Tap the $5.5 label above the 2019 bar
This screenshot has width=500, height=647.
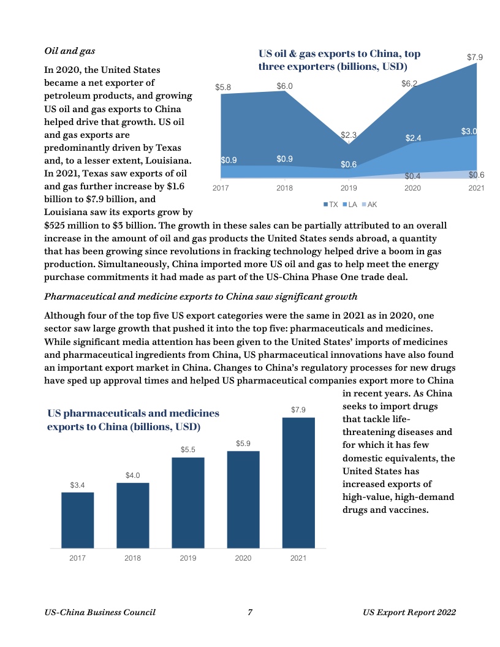(x=188, y=450)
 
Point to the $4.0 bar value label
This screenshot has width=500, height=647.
(x=133, y=475)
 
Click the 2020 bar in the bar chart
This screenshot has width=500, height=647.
(x=243, y=499)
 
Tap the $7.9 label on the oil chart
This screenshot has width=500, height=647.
(x=475, y=57)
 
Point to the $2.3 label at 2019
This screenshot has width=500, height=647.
(x=349, y=135)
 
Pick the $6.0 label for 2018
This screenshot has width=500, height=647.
(x=284, y=86)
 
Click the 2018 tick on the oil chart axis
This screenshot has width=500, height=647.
(x=284, y=188)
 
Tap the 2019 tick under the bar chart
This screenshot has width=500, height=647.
(x=188, y=558)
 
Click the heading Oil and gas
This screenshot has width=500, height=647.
(x=70, y=50)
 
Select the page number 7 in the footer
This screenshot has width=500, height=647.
(x=250, y=612)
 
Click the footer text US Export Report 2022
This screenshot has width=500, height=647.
(x=409, y=612)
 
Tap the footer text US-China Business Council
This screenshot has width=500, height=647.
(x=100, y=612)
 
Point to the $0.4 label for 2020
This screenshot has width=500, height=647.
(x=412, y=176)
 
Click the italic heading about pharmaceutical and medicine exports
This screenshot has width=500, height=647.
(x=201, y=297)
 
